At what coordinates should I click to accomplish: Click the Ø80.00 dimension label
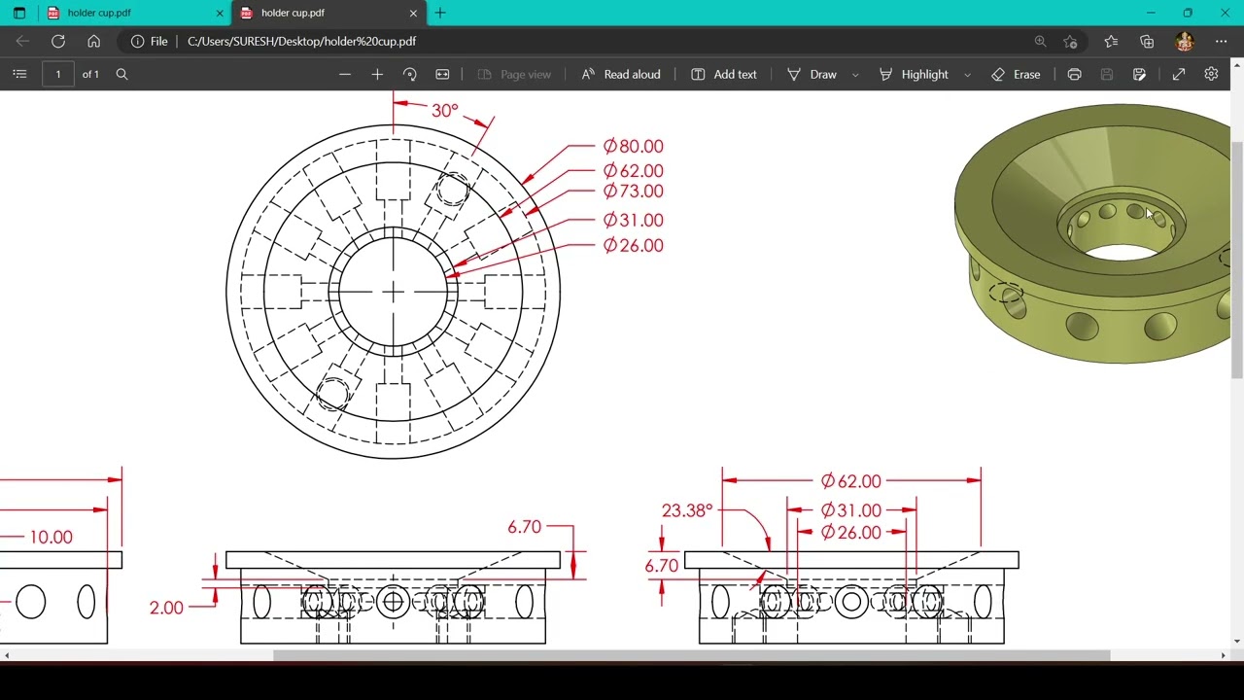pos(633,147)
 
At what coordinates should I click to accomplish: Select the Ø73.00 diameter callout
pos(633,192)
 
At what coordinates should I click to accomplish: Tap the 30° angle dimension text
pos(444,111)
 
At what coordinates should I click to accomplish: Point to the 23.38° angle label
pos(687,510)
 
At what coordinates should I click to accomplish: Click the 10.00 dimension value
pos(51,537)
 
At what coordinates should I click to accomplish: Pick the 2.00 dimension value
pos(166,608)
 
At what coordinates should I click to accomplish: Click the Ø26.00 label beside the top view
pos(633,246)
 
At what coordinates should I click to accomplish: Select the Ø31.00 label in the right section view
pos(850,510)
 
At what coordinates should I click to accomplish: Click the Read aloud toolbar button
pos(621,74)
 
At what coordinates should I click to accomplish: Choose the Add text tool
pos(724,74)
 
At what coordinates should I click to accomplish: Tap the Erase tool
pos(1016,74)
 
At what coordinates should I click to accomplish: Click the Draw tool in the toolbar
pos(812,74)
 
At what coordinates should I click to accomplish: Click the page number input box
pos(58,74)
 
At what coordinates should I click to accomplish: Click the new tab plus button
pos(440,13)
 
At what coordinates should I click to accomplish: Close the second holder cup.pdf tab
pos(413,14)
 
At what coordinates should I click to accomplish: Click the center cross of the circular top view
pos(394,292)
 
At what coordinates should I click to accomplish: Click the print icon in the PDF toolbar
pos(1074,74)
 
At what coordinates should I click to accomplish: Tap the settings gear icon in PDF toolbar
pos(1211,74)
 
